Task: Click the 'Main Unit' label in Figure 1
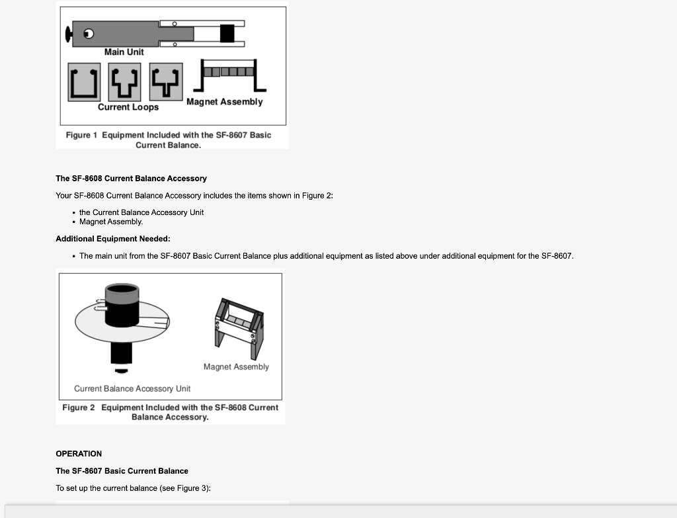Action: pyautogui.click(x=124, y=52)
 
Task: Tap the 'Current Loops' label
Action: pyautogui.click(x=128, y=107)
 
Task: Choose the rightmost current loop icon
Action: pyautogui.click(x=165, y=82)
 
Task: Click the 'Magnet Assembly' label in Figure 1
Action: pyautogui.click(x=224, y=102)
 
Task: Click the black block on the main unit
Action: pyautogui.click(x=227, y=33)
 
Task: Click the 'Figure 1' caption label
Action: pyautogui.click(x=81, y=135)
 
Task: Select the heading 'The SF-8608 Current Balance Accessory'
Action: pyautogui.click(x=131, y=179)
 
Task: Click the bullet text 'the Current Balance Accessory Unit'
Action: pyautogui.click(x=141, y=212)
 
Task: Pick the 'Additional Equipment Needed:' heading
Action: pyautogui.click(x=113, y=239)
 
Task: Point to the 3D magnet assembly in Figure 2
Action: pyautogui.click(x=237, y=322)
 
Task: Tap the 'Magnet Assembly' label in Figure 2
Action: pyautogui.click(x=236, y=367)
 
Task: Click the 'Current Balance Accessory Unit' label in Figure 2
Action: pyautogui.click(x=132, y=389)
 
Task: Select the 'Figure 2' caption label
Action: pyautogui.click(x=78, y=408)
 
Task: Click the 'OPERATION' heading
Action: pyautogui.click(x=79, y=454)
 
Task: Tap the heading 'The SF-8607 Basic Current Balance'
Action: pyautogui.click(x=122, y=471)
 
